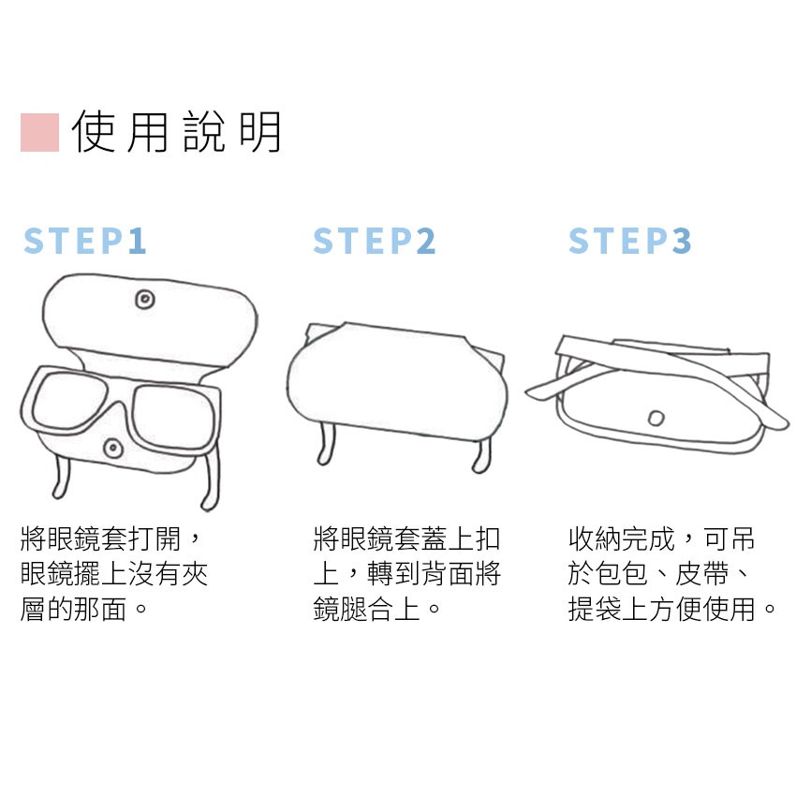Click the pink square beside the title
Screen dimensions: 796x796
point(39,132)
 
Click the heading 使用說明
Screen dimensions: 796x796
point(176,132)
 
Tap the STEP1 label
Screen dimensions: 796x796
point(85,241)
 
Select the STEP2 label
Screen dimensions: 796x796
point(375,241)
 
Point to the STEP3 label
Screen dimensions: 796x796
point(630,241)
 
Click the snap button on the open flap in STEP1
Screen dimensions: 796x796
point(145,299)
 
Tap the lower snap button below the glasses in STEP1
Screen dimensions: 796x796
point(112,449)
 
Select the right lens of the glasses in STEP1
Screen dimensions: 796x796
point(172,417)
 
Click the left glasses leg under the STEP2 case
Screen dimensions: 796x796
point(326,443)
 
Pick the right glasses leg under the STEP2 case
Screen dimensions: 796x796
point(481,455)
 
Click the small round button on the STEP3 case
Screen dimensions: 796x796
point(656,419)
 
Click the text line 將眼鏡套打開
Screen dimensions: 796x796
point(100,539)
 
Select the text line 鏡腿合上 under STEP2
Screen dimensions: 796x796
point(366,609)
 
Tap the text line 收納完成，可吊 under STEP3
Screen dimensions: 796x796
point(661,539)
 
